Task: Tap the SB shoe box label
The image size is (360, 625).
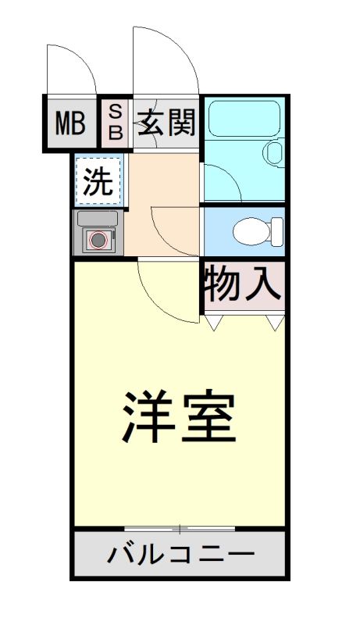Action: click(x=115, y=123)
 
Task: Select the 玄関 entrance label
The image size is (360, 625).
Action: click(x=166, y=123)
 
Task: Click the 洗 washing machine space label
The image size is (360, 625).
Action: click(x=98, y=183)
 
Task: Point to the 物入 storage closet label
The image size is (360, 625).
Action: click(x=243, y=284)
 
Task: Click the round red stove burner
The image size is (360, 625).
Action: click(x=98, y=240)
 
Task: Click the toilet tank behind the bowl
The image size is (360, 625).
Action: click(x=276, y=231)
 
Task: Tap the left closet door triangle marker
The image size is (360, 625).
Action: click(x=215, y=321)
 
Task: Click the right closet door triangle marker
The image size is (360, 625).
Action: click(x=274, y=321)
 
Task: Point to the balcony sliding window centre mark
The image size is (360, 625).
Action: click(x=180, y=530)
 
